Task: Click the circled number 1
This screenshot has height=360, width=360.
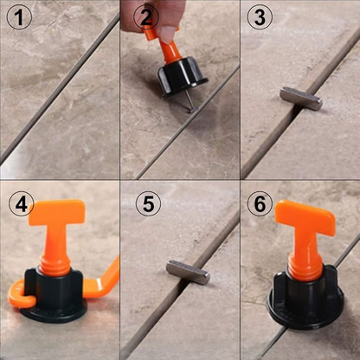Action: [19, 17]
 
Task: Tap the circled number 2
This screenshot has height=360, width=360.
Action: [146, 17]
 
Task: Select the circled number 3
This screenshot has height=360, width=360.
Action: [260, 17]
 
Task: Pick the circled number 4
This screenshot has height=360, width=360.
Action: [22, 203]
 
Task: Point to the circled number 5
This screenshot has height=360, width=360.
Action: [148, 203]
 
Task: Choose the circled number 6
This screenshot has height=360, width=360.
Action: [260, 203]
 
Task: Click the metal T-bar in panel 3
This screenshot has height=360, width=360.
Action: [301, 99]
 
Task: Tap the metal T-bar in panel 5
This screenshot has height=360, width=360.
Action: [188, 273]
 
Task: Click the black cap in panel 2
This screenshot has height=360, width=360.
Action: [183, 75]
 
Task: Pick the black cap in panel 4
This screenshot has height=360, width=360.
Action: [54, 295]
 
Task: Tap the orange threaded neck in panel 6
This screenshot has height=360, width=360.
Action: [305, 267]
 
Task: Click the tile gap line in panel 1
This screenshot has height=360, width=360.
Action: [60, 88]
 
